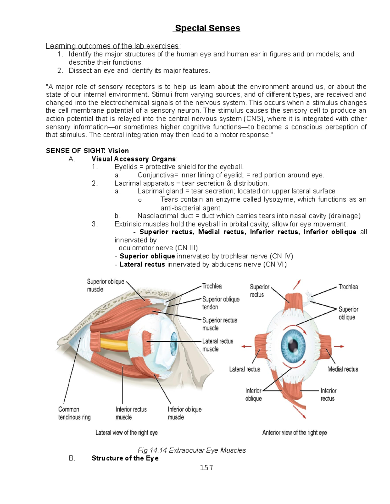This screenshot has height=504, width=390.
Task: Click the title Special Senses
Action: click(x=208, y=28)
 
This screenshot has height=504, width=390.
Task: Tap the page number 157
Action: click(x=206, y=467)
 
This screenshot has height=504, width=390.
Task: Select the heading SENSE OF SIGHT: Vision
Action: click(x=87, y=151)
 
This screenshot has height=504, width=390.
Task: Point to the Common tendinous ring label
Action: click(x=74, y=413)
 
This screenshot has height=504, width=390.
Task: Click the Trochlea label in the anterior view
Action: click(x=348, y=287)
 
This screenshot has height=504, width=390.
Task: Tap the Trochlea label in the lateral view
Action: click(x=212, y=286)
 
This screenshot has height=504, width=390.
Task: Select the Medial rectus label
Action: click(x=343, y=369)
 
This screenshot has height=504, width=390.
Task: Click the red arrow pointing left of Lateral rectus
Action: click(x=246, y=346)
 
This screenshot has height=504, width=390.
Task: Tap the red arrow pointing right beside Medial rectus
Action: click(x=339, y=346)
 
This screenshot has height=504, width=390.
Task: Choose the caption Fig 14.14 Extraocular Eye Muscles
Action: click(x=192, y=450)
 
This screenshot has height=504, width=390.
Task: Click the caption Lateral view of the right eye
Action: click(x=126, y=433)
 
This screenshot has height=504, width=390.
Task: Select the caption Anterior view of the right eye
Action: click(x=294, y=433)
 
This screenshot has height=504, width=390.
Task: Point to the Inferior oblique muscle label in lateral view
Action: click(x=185, y=413)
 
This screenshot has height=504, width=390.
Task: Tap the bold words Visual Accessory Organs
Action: click(x=134, y=159)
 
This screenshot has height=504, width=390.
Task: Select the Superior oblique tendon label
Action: click(x=221, y=303)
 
